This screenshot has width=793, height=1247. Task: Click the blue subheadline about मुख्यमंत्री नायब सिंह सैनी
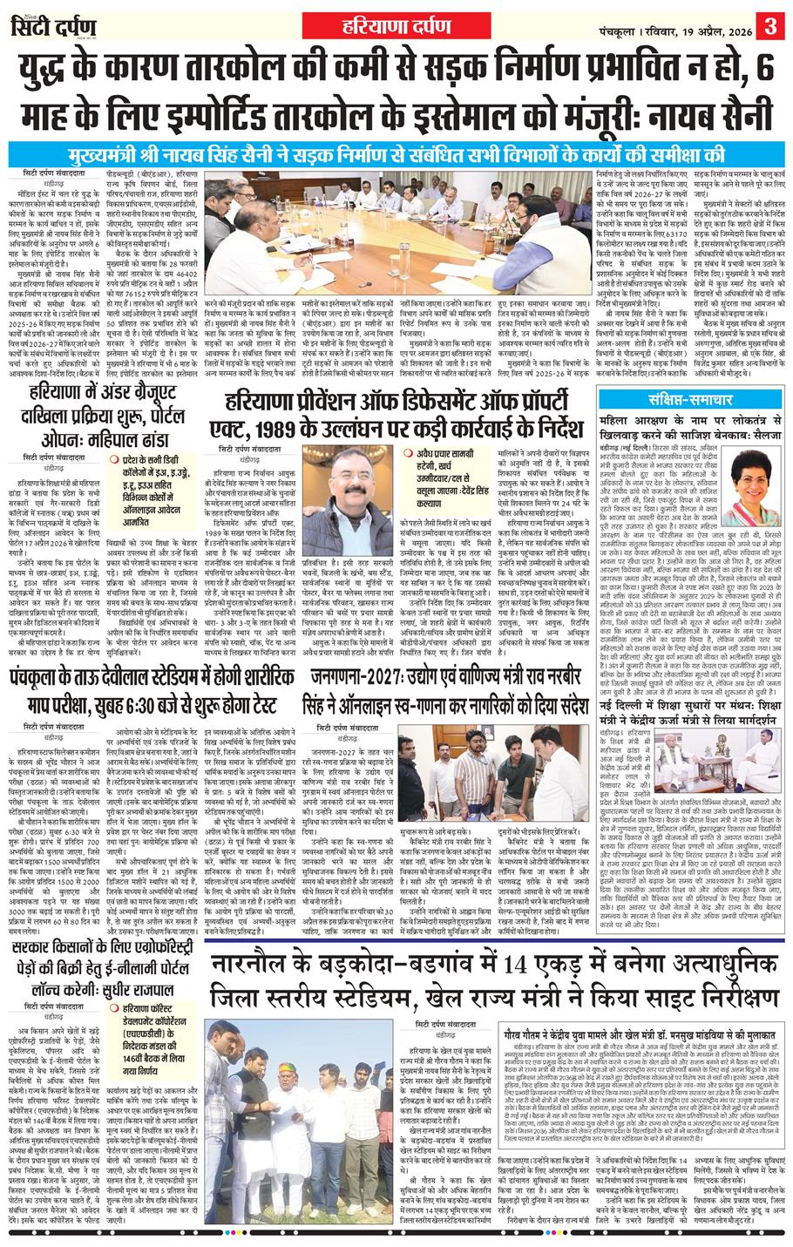(x=396, y=155)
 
